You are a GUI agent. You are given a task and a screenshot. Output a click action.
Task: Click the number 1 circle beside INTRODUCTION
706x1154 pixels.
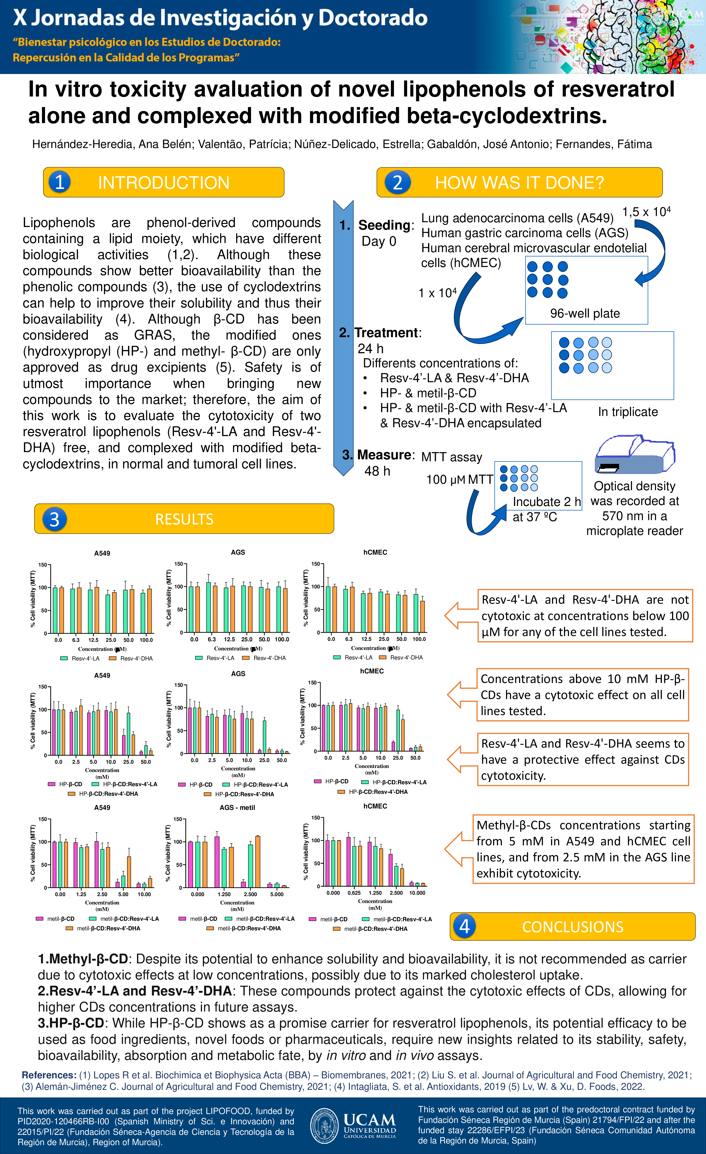[59, 182]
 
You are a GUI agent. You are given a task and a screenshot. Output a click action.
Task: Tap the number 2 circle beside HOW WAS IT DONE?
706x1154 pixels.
[397, 182]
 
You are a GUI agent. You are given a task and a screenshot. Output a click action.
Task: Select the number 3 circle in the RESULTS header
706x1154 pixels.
[54, 519]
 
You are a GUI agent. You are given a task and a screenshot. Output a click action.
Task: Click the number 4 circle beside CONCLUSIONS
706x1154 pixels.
[464, 926]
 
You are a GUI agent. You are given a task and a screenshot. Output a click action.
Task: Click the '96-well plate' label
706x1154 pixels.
[585, 313]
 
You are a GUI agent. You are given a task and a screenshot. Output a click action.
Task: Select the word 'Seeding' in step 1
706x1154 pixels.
[384, 225]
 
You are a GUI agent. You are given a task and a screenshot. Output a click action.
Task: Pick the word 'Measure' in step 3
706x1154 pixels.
[384, 455]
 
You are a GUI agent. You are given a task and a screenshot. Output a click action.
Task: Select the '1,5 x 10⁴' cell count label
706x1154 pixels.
[646, 212]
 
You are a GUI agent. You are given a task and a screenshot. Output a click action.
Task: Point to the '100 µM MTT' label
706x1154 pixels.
[459, 480]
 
